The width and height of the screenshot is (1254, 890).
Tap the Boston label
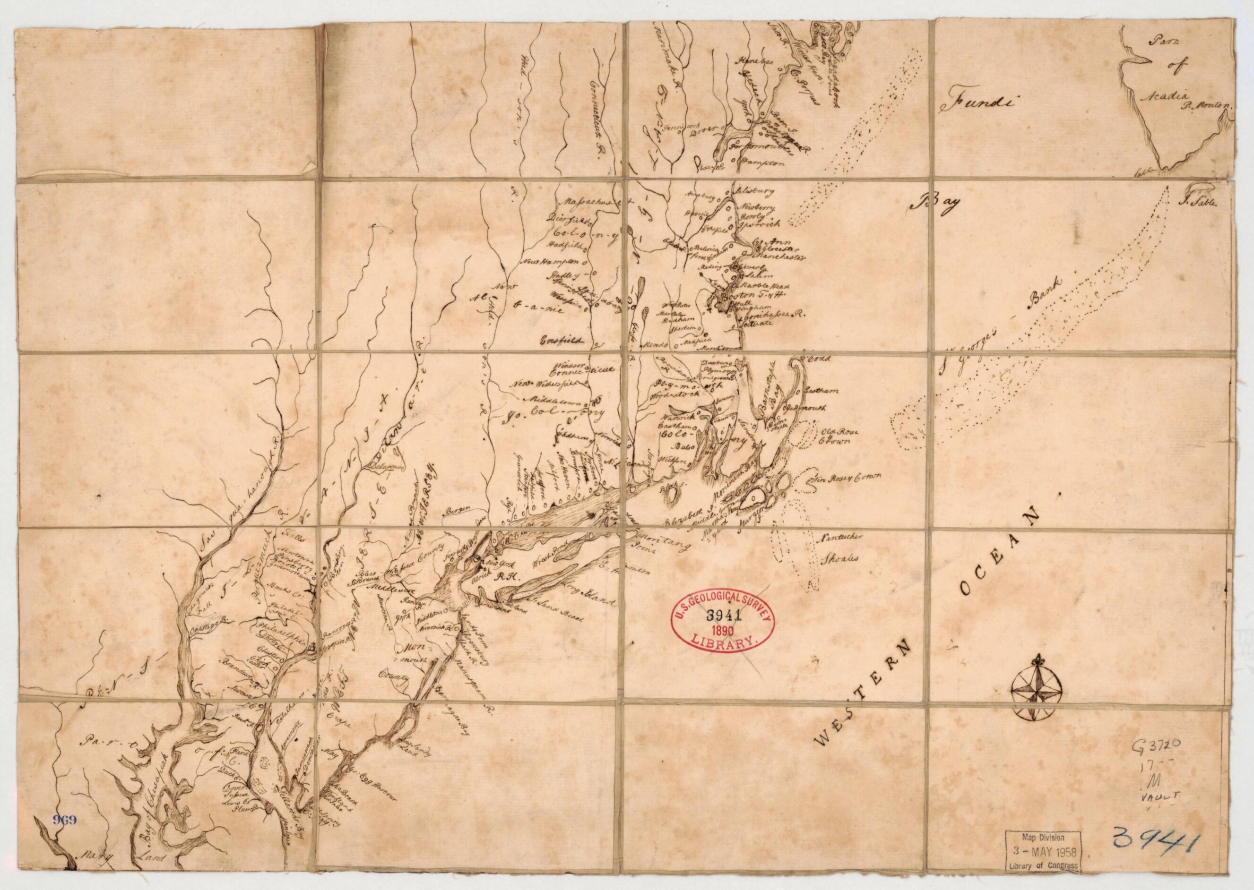coord(739,294)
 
